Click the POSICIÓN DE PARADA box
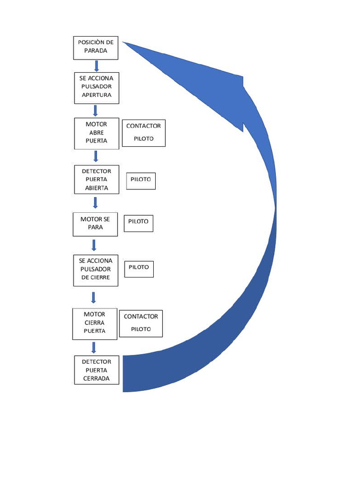pos(96,48)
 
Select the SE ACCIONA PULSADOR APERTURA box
pos(96,88)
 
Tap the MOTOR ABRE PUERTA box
pos(96,133)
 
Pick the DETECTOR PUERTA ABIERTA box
pos(96,180)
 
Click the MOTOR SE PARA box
pos(95,224)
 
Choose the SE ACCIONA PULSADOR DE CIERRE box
pos(96,270)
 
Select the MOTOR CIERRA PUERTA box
pos(95,323)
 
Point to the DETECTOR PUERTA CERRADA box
pos(97,370)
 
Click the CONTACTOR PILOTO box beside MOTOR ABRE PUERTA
pos(143,133)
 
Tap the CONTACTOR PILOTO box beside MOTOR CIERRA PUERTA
pos(141,323)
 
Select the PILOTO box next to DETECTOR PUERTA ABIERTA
pos(141,181)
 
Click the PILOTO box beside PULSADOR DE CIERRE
pos(139,268)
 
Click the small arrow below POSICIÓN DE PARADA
pos(97,66)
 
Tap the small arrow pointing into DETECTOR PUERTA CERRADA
pos(94,347)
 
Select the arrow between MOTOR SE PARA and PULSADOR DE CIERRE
pos(94,245)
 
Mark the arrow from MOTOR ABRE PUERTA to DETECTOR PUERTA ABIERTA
pos(95,156)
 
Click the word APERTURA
pos(96,95)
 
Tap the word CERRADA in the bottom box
pos(97,378)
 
